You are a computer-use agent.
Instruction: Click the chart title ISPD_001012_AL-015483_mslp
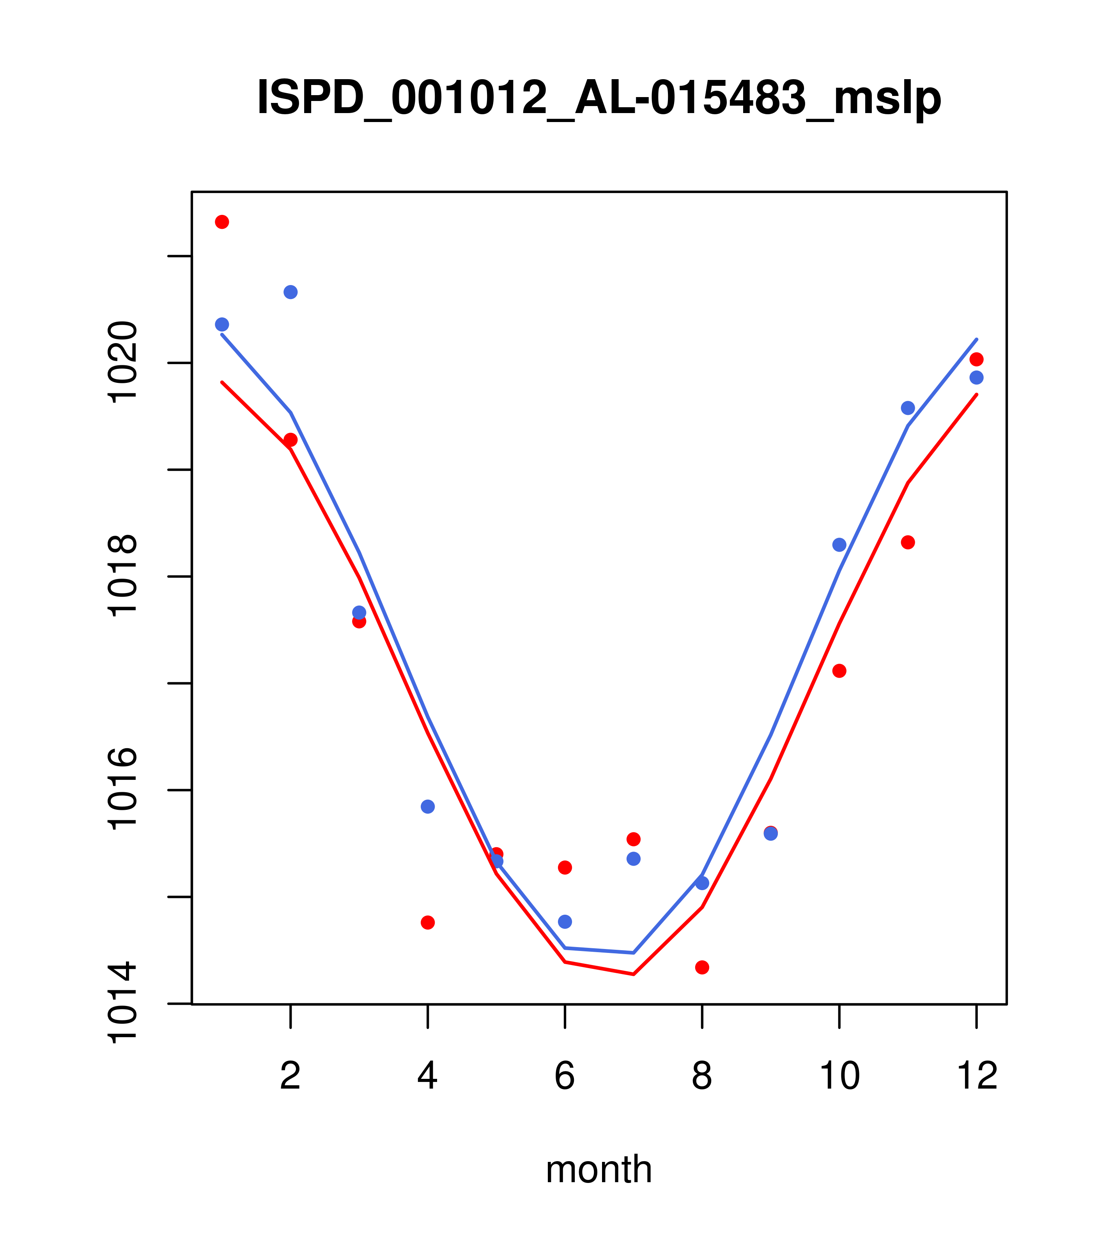599,97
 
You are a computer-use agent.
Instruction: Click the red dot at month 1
222,222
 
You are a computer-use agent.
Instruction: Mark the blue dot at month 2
291,292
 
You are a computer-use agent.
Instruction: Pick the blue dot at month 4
427,806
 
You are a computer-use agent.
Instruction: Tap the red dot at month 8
702,967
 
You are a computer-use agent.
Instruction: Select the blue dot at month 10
839,545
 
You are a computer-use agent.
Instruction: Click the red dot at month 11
908,542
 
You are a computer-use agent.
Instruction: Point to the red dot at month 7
633,839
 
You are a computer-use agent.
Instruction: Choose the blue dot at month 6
565,922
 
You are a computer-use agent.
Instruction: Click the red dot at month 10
839,671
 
